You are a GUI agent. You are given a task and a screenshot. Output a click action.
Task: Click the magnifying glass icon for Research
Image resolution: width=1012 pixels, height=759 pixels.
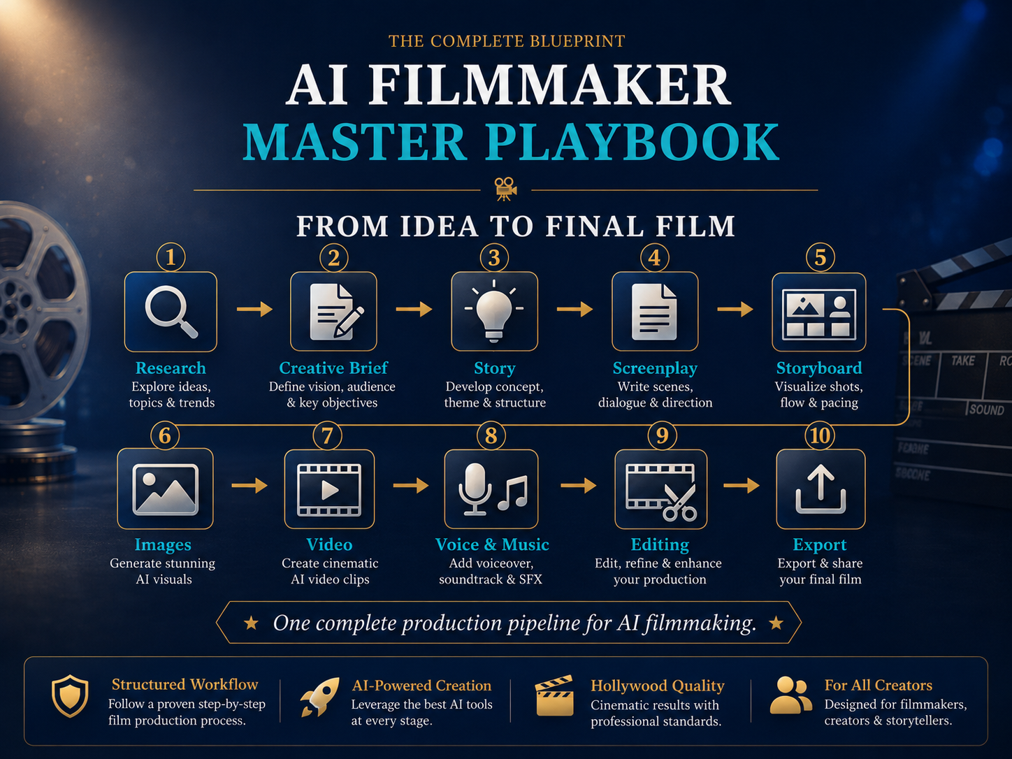coord(170,310)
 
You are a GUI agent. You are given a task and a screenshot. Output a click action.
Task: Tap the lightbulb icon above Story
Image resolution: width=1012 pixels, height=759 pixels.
coord(494,310)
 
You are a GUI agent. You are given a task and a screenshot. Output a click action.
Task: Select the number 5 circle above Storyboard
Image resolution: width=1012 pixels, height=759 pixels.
coord(820,258)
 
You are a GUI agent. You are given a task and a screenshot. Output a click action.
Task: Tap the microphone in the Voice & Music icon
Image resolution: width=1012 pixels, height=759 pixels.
coord(475,489)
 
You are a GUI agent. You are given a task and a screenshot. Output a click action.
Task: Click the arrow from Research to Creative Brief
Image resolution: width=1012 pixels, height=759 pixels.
coord(254,309)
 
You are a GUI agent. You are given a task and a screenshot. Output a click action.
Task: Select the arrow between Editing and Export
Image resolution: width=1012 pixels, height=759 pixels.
coord(742,485)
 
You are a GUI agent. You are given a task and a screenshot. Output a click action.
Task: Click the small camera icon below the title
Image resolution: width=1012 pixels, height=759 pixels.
coord(506,189)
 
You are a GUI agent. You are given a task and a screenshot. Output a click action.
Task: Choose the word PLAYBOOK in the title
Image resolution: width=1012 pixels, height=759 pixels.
coord(632,142)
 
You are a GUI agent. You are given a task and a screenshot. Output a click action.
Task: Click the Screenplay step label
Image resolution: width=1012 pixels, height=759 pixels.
coord(655,368)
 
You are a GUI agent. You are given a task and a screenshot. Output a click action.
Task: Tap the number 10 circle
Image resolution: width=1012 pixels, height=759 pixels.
coord(820,435)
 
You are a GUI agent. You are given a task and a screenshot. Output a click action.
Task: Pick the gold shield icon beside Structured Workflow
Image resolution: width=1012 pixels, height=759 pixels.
coord(70,696)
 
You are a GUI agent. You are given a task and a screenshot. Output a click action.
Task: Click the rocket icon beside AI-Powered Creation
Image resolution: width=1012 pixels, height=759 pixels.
coord(319,697)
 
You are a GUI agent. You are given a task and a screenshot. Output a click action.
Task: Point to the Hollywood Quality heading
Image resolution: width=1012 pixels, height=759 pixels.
coord(658,686)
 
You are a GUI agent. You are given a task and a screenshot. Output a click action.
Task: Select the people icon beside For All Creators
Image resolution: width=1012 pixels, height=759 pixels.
coord(790,695)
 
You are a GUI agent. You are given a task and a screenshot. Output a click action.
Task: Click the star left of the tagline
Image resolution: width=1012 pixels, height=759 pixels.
coord(252,623)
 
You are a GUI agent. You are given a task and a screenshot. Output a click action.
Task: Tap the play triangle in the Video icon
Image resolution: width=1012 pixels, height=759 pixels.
coord(329,490)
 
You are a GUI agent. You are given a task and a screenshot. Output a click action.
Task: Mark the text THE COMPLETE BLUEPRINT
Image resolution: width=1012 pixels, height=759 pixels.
coord(507,41)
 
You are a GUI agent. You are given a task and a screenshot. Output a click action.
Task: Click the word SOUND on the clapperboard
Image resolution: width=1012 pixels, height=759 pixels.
coord(986,410)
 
